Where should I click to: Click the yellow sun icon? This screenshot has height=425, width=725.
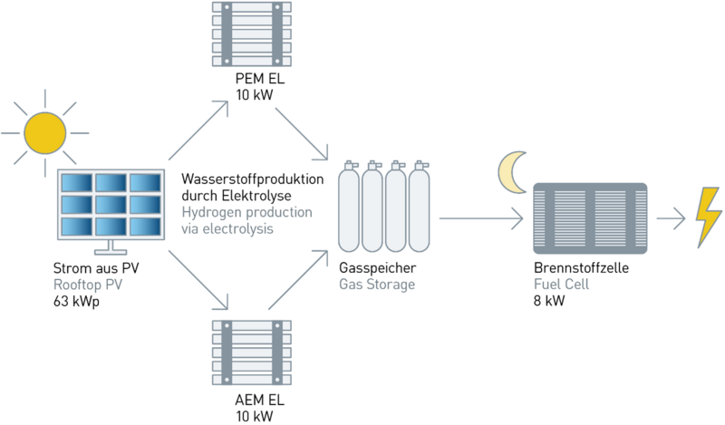46,131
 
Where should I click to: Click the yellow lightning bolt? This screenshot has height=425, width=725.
708,217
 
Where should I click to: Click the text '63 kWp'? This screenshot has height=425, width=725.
77,301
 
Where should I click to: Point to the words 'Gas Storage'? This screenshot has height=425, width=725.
376,285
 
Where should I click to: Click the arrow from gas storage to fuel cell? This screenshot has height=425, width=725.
481,218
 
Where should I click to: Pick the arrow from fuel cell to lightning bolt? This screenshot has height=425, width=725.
671,218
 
